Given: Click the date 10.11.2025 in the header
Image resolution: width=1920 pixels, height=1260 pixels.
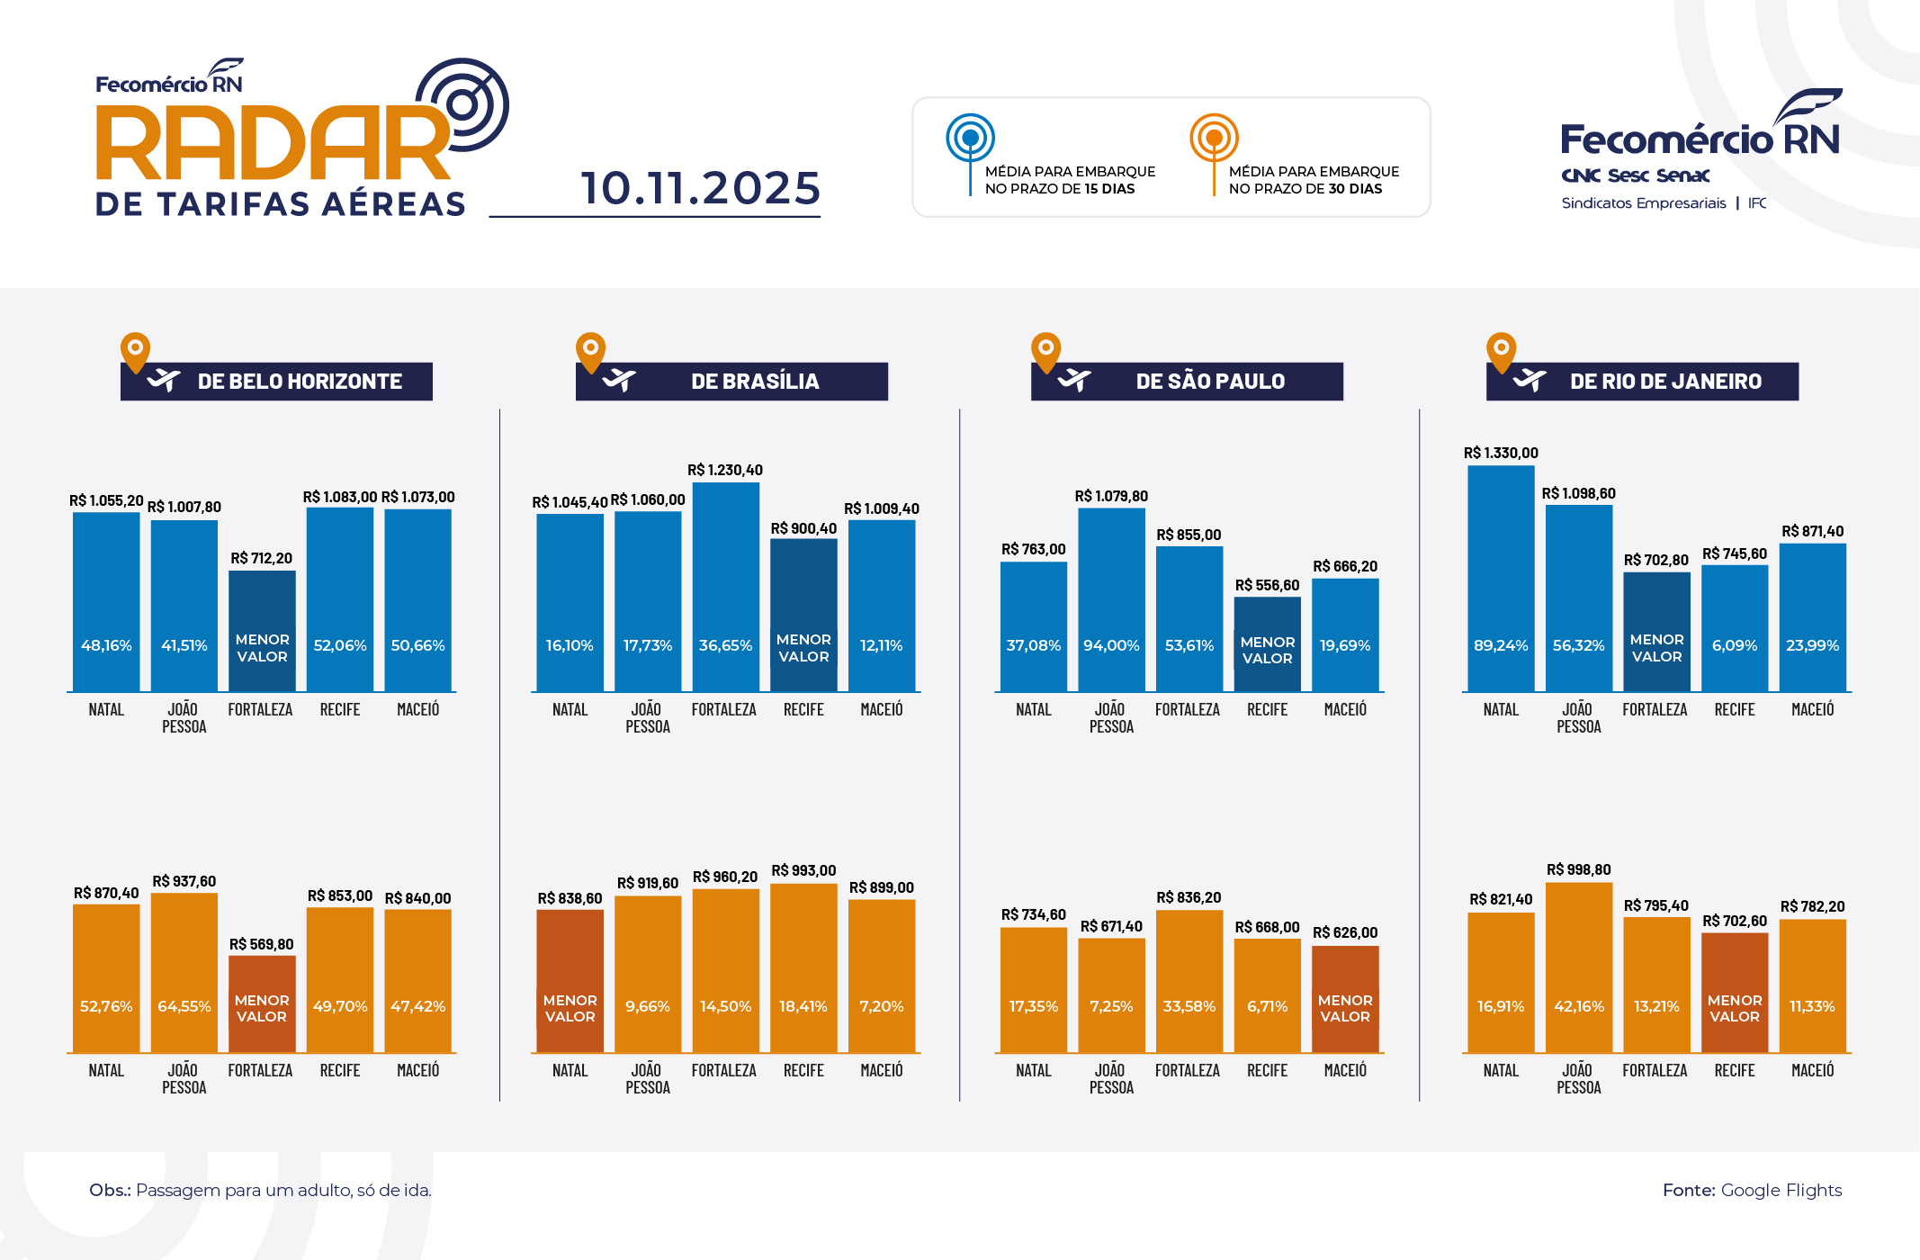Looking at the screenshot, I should click(x=700, y=189).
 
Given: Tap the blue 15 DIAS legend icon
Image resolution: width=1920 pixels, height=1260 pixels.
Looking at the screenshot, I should click(x=970, y=139).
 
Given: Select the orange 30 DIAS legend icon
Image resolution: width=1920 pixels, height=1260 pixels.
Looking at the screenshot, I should click(x=1214, y=139).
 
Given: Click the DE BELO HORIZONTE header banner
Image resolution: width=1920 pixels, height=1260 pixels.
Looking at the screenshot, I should click(x=277, y=382).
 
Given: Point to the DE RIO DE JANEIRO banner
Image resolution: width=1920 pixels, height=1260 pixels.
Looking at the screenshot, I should click(x=1643, y=382).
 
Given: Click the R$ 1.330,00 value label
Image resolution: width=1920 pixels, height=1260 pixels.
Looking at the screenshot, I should click(x=1501, y=454).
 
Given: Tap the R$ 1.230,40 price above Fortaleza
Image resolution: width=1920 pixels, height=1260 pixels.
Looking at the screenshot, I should click(x=725, y=471).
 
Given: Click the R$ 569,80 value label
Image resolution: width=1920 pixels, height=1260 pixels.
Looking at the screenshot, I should click(x=261, y=945).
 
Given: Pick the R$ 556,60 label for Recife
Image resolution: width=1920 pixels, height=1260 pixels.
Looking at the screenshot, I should click(x=1267, y=586).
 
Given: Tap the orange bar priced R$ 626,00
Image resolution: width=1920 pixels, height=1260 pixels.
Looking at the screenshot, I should click(x=1345, y=999).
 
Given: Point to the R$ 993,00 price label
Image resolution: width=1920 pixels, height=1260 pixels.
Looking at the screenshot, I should click(x=803, y=871).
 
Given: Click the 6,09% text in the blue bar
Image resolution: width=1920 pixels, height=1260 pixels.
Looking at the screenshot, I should click(x=1735, y=646).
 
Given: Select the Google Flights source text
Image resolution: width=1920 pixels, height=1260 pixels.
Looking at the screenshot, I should click(x=1781, y=1191).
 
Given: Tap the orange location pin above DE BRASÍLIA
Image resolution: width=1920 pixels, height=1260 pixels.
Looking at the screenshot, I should click(x=590, y=350).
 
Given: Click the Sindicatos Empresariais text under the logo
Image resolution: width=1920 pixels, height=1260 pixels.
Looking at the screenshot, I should click(x=1644, y=203).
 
